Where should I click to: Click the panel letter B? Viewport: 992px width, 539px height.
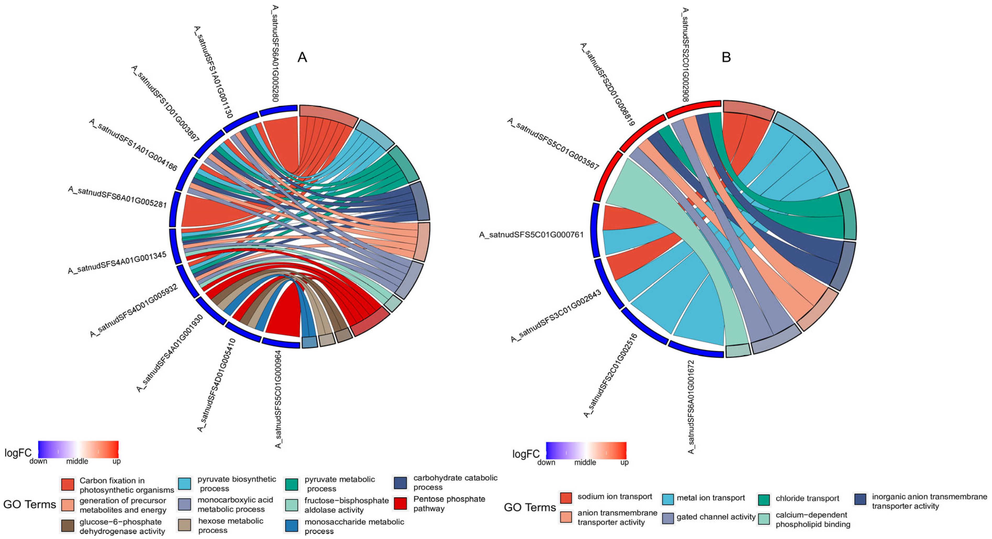pos(726,57)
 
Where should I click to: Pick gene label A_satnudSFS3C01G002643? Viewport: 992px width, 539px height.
pos(556,316)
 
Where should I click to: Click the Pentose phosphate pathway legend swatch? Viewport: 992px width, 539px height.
pos(400,503)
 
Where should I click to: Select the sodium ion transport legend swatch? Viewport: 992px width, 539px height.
pos(566,497)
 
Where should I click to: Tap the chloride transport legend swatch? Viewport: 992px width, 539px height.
pos(764,499)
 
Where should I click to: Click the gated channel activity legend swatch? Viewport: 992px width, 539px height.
pos(668,518)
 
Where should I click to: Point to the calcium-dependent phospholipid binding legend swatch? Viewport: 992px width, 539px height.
pos(764,519)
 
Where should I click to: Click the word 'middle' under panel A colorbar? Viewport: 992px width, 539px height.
pos(77,461)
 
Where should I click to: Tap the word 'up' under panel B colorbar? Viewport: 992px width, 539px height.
pos(624,462)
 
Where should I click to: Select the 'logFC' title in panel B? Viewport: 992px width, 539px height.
pos(526,454)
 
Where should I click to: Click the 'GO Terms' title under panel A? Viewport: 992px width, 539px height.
pos(30,504)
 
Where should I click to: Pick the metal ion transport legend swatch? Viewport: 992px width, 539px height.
pos(668,499)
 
